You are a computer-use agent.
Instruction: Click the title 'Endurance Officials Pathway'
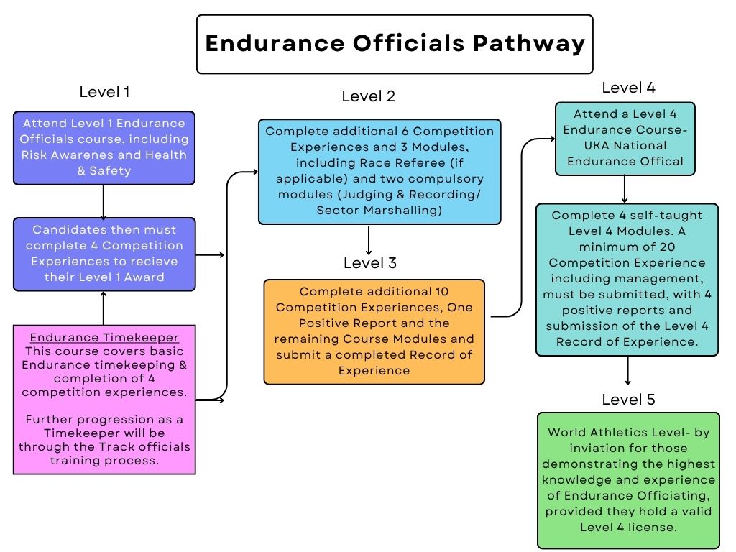point(395,44)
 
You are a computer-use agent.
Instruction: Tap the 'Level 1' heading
point(104,92)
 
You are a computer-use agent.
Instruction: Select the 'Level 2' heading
point(369,96)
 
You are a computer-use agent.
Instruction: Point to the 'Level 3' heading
point(369,263)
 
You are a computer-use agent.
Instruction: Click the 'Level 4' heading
point(628,88)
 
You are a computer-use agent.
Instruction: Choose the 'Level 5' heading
point(628,400)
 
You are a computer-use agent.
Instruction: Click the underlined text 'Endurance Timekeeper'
point(103,336)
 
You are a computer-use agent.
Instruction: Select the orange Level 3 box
point(374,331)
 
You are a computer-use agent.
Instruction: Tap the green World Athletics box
point(628,480)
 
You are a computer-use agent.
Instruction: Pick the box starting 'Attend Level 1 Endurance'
point(103,147)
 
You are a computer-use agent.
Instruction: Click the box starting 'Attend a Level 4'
point(625,138)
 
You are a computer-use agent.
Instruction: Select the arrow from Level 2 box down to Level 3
point(369,240)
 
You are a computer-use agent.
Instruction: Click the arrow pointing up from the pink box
point(103,308)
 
